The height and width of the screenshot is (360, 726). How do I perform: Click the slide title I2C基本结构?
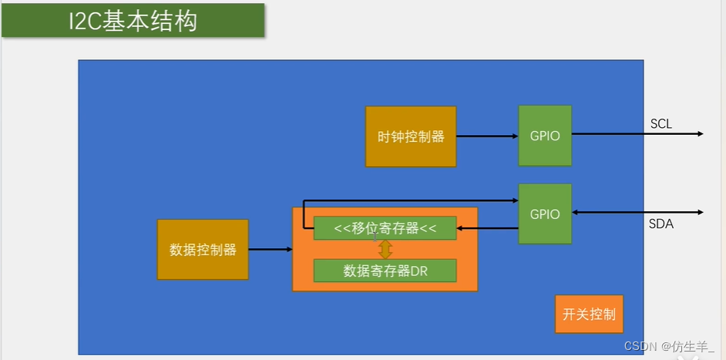pos(133,21)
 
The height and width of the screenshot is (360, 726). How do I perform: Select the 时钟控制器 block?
pos(411,136)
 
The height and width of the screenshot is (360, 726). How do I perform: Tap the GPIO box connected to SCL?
pos(545,136)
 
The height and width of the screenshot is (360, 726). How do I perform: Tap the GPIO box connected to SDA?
pos(545,214)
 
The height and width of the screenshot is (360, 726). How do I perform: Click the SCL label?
pos(661,123)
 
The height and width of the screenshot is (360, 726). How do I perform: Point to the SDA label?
pos(661,224)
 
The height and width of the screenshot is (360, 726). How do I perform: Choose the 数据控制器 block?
pos(203,250)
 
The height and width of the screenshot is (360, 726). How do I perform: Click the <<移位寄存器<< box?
pos(385,228)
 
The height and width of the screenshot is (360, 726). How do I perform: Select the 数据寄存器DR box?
pos(385,271)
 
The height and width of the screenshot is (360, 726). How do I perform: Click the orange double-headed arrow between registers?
pos(385,249)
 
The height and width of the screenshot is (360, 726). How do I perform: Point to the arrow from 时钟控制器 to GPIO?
pos(486,136)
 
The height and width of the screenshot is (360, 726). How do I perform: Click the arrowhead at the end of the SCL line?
pos(700,133)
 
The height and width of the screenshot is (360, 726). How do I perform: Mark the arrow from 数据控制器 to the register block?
pos(270,249)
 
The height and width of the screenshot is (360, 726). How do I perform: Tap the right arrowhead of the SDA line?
pos(700,213)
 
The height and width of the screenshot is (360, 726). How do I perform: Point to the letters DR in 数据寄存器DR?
pos(419,271)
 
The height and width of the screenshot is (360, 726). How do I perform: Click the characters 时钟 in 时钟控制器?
pos(388,136)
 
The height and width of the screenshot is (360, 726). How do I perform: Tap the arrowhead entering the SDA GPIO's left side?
pos(514,200)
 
